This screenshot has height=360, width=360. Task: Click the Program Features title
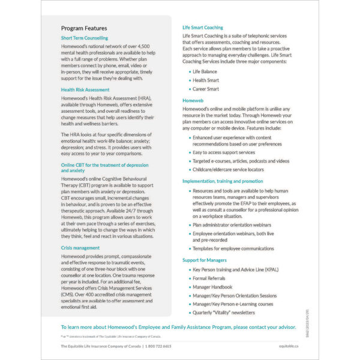point(84,28)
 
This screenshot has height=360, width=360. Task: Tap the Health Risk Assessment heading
point(85,90)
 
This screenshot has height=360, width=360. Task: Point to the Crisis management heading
point(80,247)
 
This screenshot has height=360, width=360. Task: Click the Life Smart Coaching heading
point(202,28)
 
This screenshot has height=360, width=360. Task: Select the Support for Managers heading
point(205,260)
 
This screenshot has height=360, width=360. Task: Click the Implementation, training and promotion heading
point(223,181)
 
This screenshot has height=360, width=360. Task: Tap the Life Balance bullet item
point(206,71)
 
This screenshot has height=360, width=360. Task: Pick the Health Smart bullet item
point(206,80)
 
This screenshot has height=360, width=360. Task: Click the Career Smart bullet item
point(206,89)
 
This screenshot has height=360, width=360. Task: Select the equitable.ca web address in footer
point(289,346)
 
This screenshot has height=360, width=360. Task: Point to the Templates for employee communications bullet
point(233,248)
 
